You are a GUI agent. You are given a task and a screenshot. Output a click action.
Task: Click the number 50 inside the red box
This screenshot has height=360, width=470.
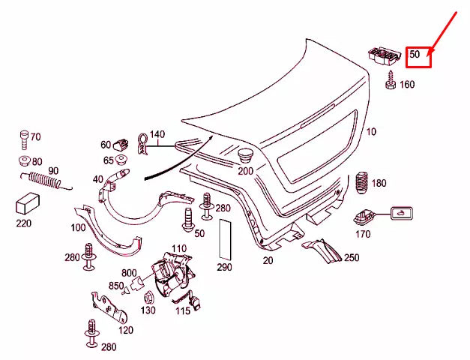click(x=415, y=54)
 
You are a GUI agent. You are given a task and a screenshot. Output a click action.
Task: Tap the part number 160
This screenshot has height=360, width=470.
click(x=406, y=85)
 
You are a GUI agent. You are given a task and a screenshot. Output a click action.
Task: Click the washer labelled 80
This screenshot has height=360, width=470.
click(x=23, y=161)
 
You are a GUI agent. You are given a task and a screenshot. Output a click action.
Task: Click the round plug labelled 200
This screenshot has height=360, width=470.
click(x=245, y=157)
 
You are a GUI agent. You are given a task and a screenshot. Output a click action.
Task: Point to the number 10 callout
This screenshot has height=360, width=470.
click(x=371, y=133)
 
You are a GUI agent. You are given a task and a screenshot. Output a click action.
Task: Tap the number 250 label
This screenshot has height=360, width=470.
click(x=352, y=257)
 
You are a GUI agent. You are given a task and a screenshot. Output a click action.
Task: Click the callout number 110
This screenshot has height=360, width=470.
click(x=179, y=248)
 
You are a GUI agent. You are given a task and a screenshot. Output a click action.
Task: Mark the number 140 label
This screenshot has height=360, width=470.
click(x=157, y=135)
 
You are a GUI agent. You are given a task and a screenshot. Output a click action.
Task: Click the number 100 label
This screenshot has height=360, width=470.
click(x=78, y=227)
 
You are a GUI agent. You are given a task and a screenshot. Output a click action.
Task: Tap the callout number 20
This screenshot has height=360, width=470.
click(x=268, y=260)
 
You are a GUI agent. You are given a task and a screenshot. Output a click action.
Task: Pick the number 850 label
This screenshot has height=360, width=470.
click(x=115, y=286)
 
